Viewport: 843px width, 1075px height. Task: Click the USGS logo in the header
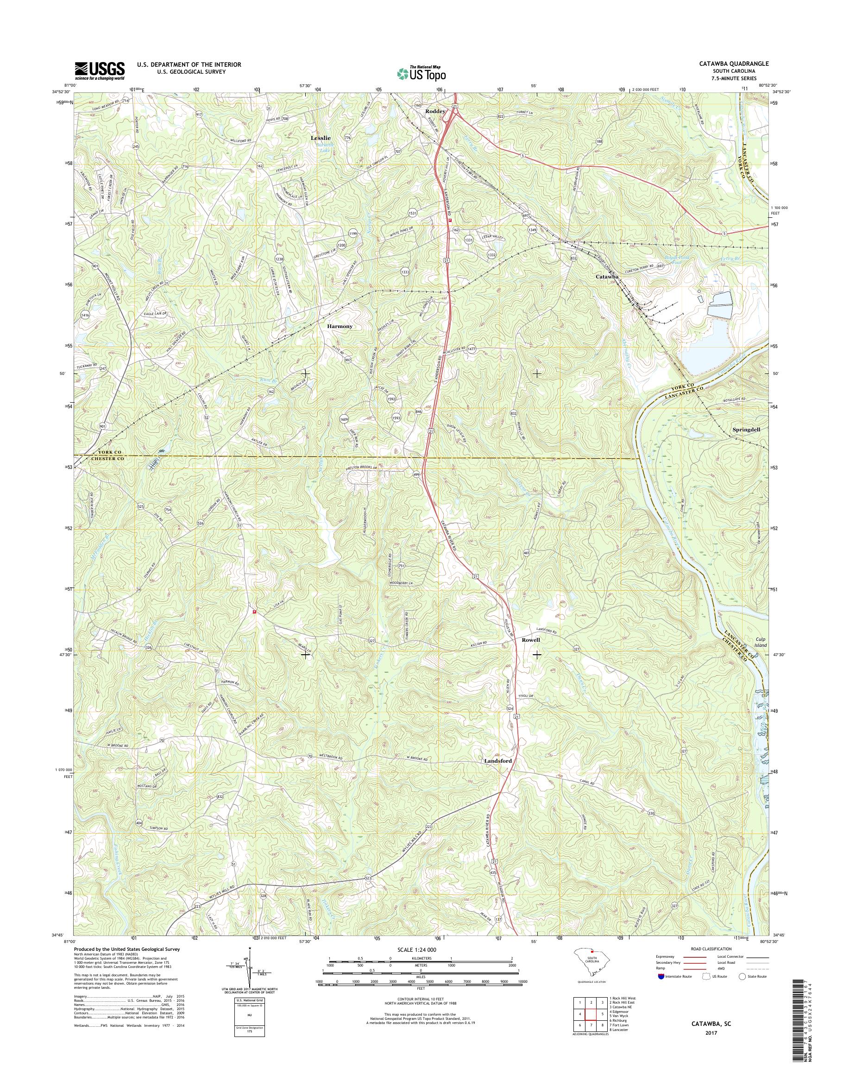(99, 70)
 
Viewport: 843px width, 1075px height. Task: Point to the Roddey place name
(436, 112)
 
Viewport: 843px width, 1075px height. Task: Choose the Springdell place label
(745, 430)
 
